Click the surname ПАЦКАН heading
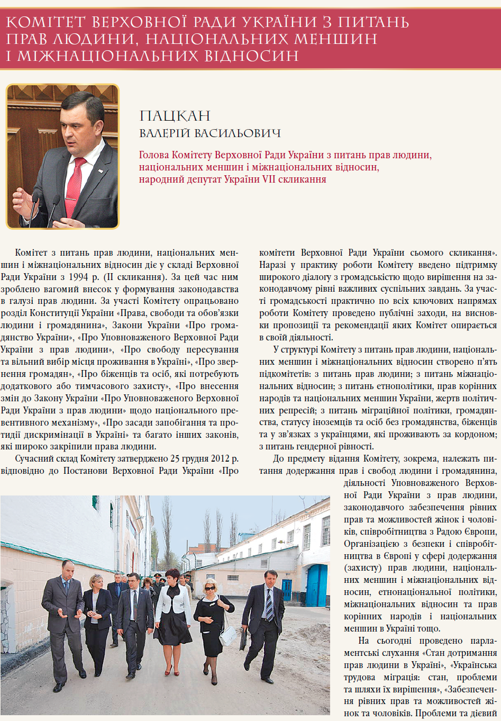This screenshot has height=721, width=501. click(175, 116)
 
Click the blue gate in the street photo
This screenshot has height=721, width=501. click(317, 584)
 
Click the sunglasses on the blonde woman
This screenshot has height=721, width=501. click(210, 588)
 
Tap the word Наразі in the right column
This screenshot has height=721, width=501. click(272, 265)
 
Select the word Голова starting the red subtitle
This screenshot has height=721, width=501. click(154, 155)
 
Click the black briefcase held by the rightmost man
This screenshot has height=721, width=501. click(243, 640)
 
